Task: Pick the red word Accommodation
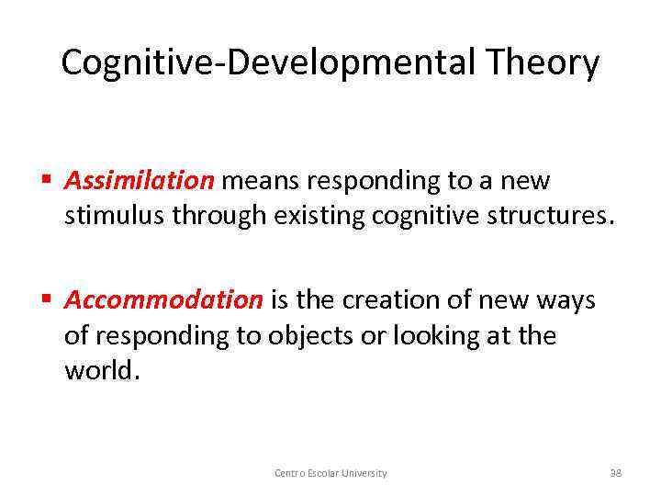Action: click(x=163, y=300)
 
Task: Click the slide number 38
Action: click(x=616, y=473)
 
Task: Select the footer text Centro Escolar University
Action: click(x=330, y=473)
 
